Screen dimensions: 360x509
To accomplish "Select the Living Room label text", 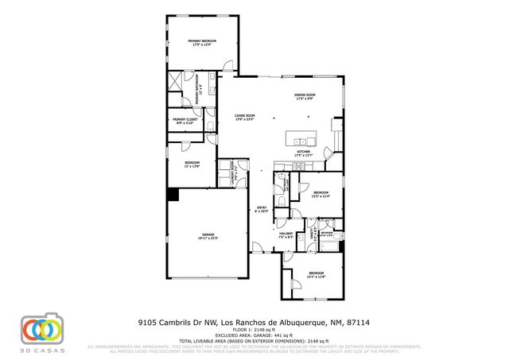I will (x=244, y=116).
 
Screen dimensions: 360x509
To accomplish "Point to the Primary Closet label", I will (x=184, y=120).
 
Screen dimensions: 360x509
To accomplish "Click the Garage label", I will (x=208, y=234).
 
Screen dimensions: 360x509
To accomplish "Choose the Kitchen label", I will (x=304, y=151).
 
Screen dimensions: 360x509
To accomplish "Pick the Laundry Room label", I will (x=231, y=170).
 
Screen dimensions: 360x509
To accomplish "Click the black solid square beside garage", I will (x=173, y=194).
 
